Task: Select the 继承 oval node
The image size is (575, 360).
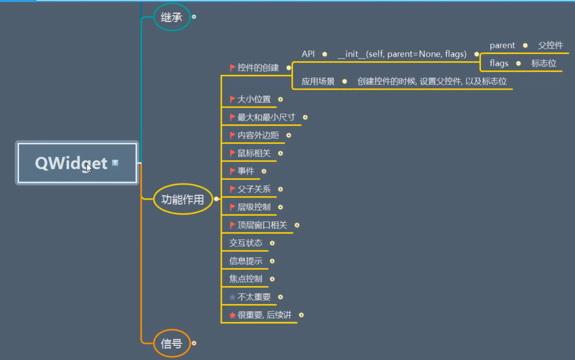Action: tap(172, 17)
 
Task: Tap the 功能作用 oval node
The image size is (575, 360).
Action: tap(183, 199)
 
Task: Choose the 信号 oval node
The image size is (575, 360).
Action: tap(171, 344)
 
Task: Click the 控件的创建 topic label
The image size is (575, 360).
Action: tap(258, 68)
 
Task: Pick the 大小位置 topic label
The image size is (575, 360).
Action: tap(254, 99)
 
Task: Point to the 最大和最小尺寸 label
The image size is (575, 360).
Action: tap(266, 117)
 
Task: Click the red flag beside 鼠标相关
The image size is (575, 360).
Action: tap(232, 153)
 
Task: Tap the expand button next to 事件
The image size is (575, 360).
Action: tap(264, 171)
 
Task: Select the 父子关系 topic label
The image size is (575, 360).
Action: tap(254, 189)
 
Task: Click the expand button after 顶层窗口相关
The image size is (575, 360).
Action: tap(297, 225)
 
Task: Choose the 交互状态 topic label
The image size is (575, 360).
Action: tap(246, 243)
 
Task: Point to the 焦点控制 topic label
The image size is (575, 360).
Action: tap(246, 279)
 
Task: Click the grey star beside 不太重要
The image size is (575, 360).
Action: tap(232, 297)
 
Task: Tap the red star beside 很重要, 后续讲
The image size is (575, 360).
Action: tap(232, 315)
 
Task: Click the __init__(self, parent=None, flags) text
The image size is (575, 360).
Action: tap(402, 54)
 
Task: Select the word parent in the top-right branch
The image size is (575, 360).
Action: tap(502, 46)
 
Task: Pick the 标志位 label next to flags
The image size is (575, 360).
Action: tap(543, 64)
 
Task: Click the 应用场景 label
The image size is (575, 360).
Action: tap(318, 82)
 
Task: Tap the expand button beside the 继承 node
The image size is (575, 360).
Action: tap(194, 16)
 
